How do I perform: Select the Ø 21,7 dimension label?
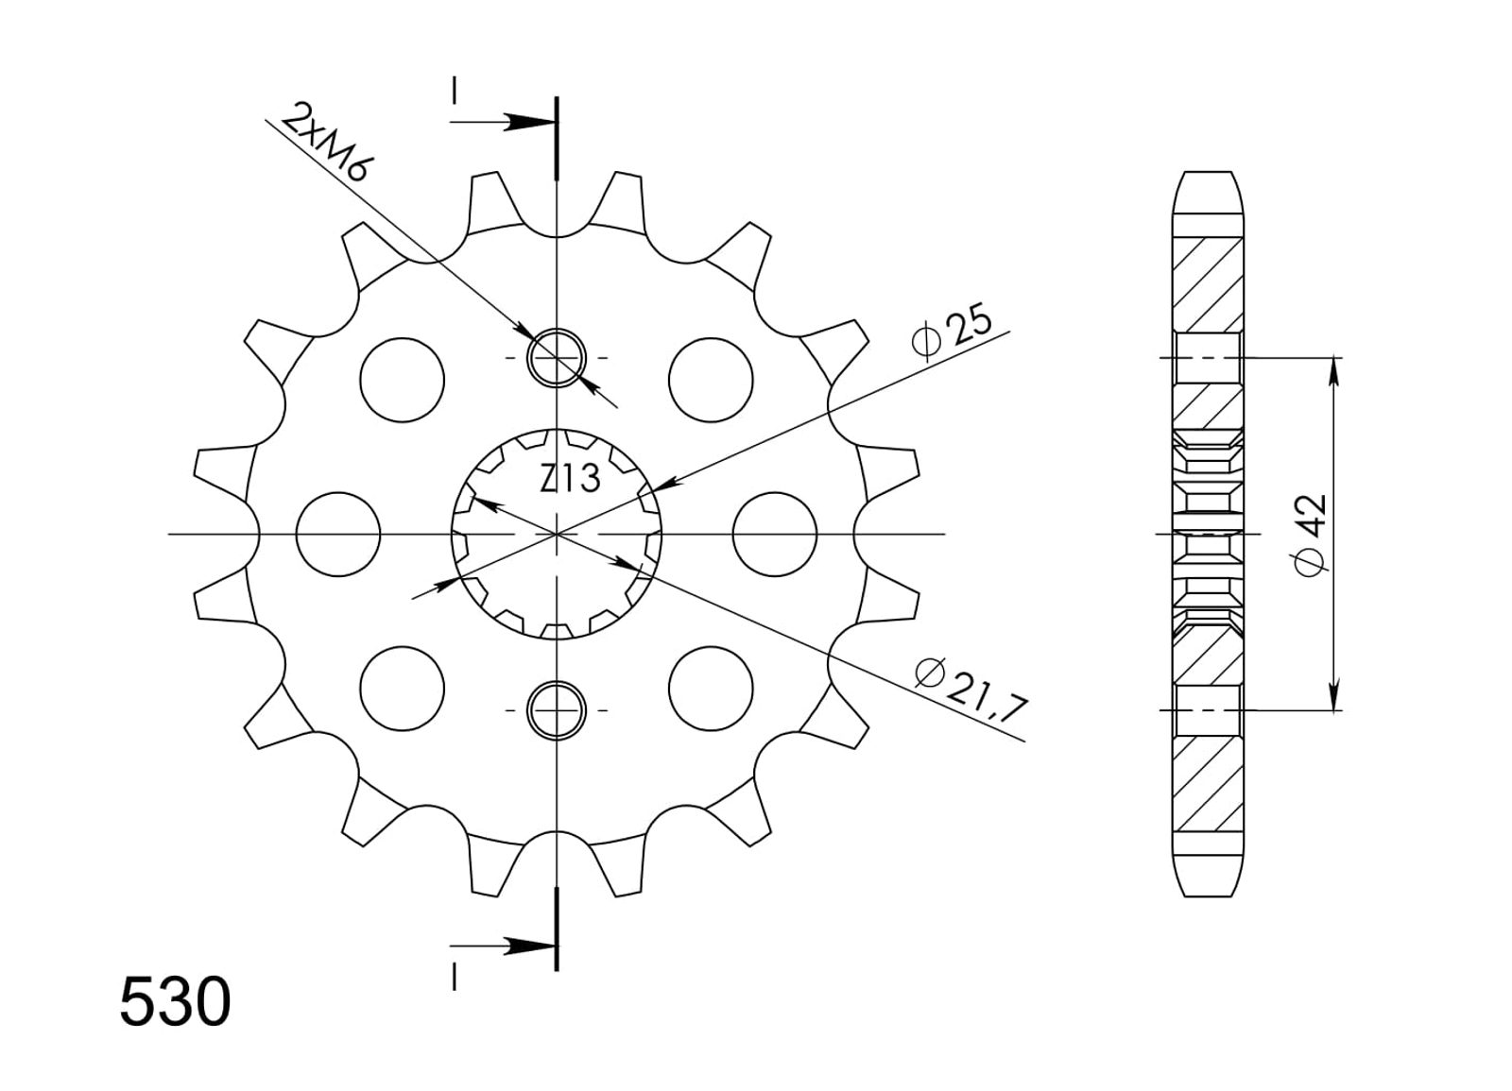pos(972,690)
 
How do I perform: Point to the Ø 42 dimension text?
pos(1311,534)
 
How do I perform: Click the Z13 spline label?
pos(570,478)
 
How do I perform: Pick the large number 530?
pos(176,1002)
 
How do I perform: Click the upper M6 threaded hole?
pos(557,358)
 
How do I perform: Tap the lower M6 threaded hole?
pos(557,710)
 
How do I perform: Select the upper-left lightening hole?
pos(403,380)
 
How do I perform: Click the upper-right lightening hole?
pos(711,380)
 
